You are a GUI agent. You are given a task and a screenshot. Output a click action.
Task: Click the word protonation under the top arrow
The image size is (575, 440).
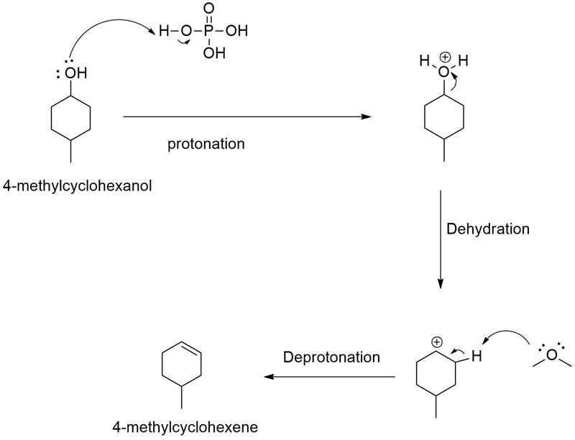206,144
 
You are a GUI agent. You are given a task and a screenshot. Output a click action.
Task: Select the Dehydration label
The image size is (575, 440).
488,229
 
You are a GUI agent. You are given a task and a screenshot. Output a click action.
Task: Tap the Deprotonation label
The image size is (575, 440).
331,357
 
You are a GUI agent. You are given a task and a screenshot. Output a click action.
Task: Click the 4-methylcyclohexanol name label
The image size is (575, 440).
77,186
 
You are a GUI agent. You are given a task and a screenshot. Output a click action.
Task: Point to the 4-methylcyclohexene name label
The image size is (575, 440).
185,427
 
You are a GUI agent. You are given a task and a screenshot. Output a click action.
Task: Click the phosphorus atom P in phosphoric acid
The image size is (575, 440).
208,31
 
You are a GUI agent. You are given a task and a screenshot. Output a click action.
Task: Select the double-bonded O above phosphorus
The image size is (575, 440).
208,9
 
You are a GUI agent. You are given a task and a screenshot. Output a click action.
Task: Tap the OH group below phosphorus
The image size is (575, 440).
214,53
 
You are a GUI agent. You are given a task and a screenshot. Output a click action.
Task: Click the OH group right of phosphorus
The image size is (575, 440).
237,31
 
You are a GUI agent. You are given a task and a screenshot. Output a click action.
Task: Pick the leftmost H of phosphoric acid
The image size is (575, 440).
165,31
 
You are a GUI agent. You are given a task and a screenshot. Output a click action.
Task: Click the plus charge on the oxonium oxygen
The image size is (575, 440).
445,58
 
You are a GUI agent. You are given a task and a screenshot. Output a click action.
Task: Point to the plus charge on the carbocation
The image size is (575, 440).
436,342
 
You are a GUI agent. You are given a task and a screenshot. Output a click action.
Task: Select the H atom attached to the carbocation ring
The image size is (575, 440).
477,356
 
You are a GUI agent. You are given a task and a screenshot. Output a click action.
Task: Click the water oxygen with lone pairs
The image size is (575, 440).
551,355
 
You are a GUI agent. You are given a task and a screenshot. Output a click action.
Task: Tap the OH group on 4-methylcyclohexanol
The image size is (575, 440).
76,73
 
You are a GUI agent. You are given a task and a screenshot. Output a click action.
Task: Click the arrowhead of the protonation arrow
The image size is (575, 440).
366,116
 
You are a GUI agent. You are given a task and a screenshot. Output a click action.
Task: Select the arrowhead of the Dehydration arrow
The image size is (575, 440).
441,283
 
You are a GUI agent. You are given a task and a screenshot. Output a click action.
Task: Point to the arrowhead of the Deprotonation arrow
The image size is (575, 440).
269,377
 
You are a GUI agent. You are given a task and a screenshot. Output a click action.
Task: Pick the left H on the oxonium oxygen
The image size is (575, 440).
425,60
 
